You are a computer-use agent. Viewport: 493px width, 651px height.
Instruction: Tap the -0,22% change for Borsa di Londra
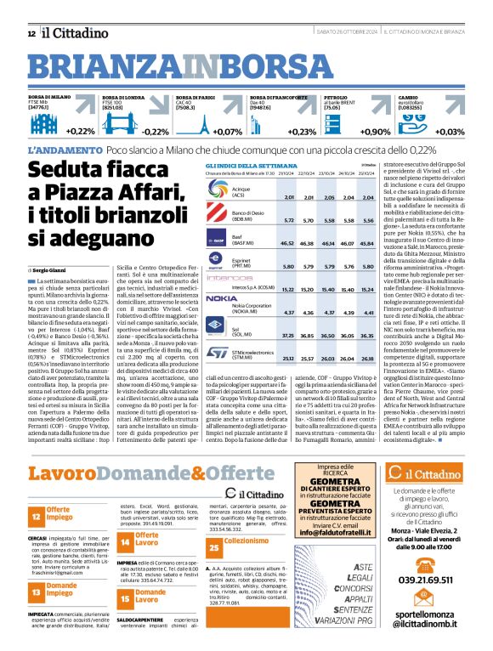pyautogui.click(x=155, y=132)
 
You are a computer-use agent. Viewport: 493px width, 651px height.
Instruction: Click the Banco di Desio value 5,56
pyautogui.click(x=367, y=219)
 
